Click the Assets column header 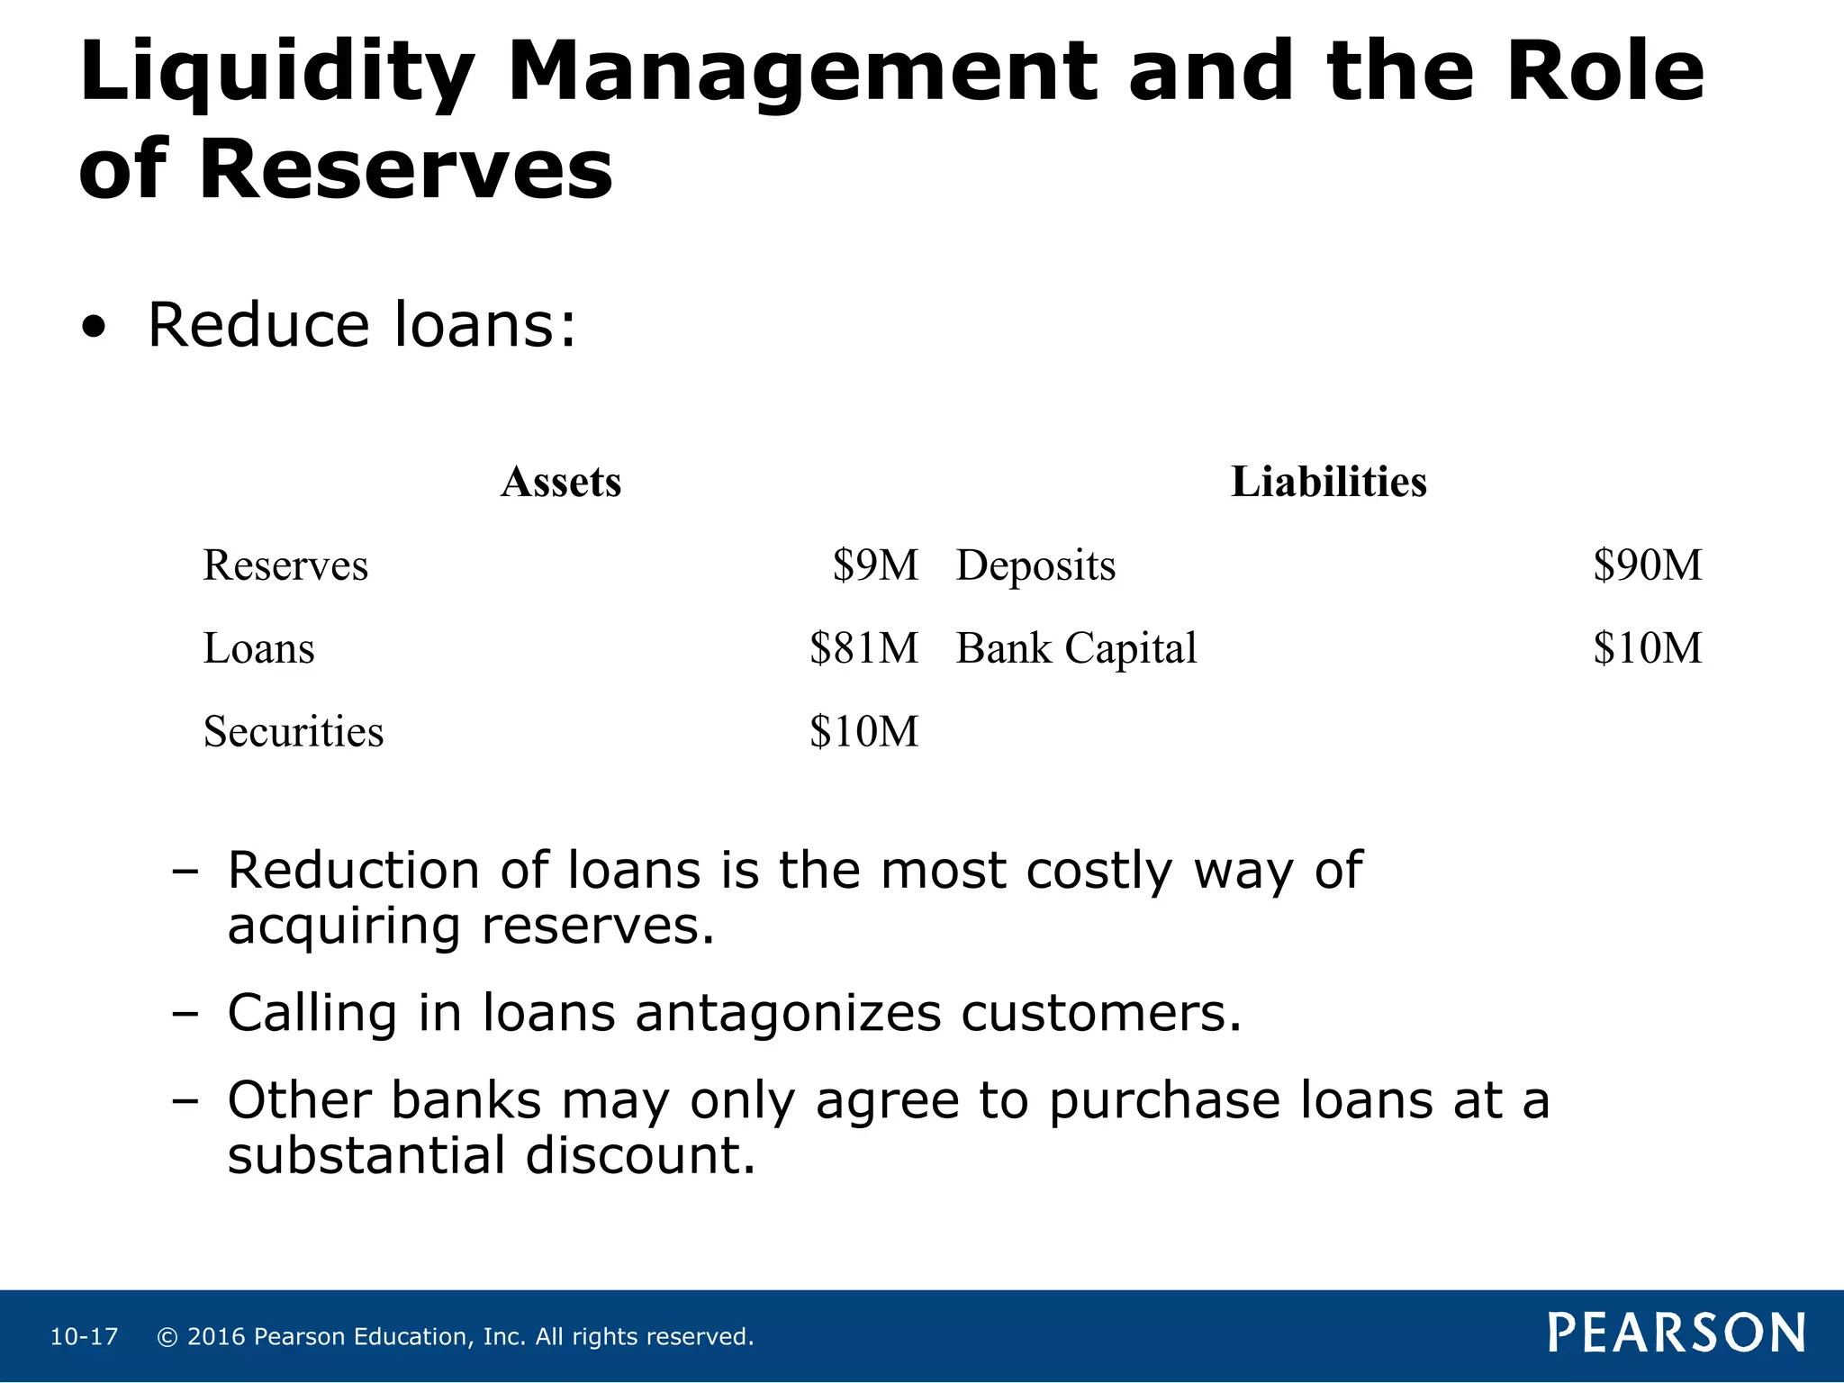click(x=561, y=483)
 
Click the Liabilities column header click(x=1328, y=483)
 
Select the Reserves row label click(x=285, y=566)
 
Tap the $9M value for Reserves click(x=875, y=566)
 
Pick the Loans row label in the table click(x=259, y=649)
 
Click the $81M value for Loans click(x=863, y=649)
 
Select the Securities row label click(x=294, y=732)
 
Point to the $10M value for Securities click(x=863, y=732)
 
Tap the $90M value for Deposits click(x=1647, y=566)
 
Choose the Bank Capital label click(x=1076, y=649)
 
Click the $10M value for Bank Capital click(x=1647, y=649)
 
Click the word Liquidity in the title click(x=276, y=74)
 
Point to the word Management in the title click(x=803, y=74)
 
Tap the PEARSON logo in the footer click(x=1677, y=1333)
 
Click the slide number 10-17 click(x=84, y=1337)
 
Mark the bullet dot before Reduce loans click(x=93, y=329)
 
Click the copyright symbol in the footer click(x=167, y=1337)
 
